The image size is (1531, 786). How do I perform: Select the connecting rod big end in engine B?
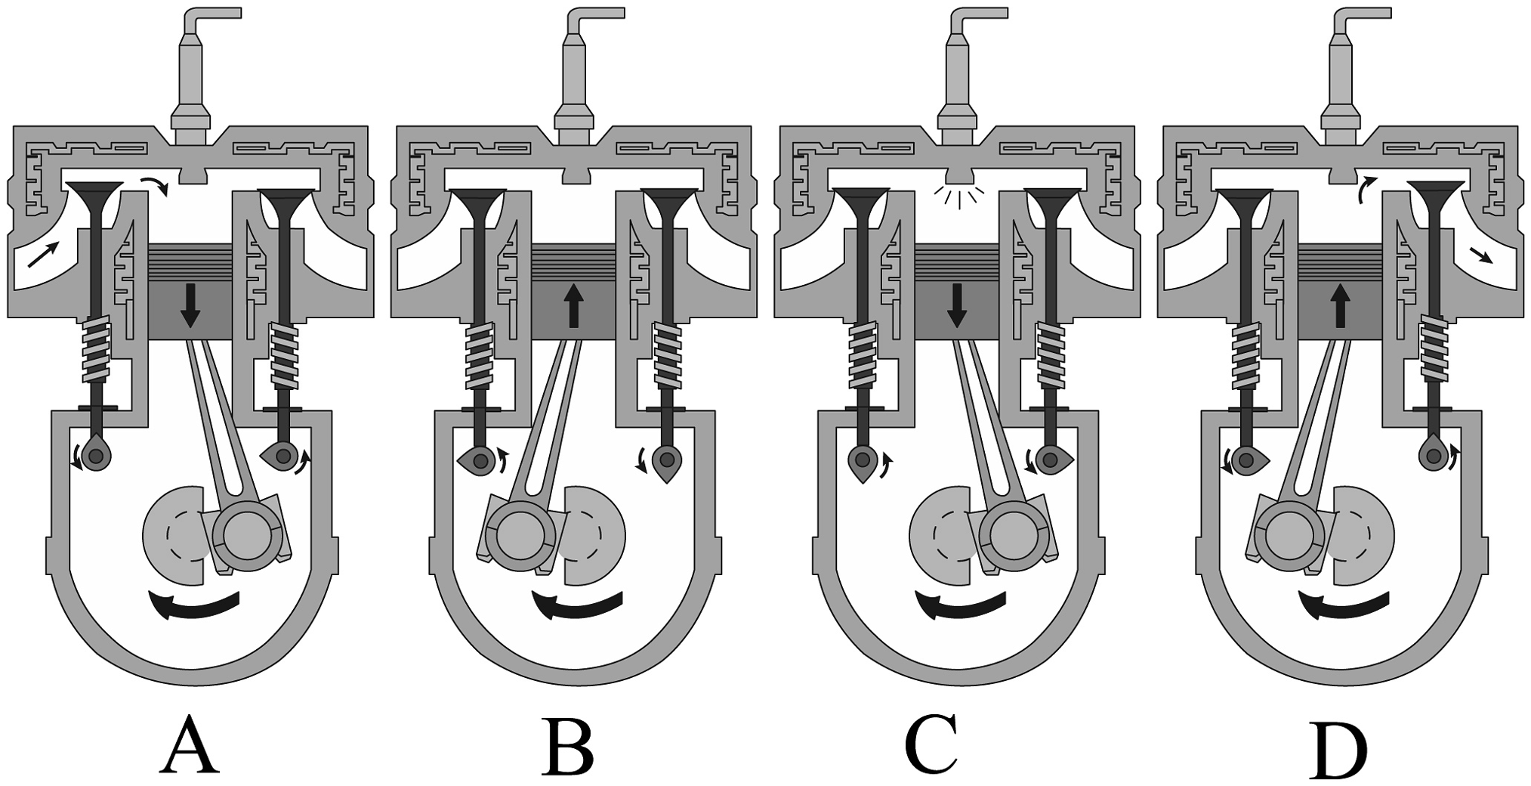520,536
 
